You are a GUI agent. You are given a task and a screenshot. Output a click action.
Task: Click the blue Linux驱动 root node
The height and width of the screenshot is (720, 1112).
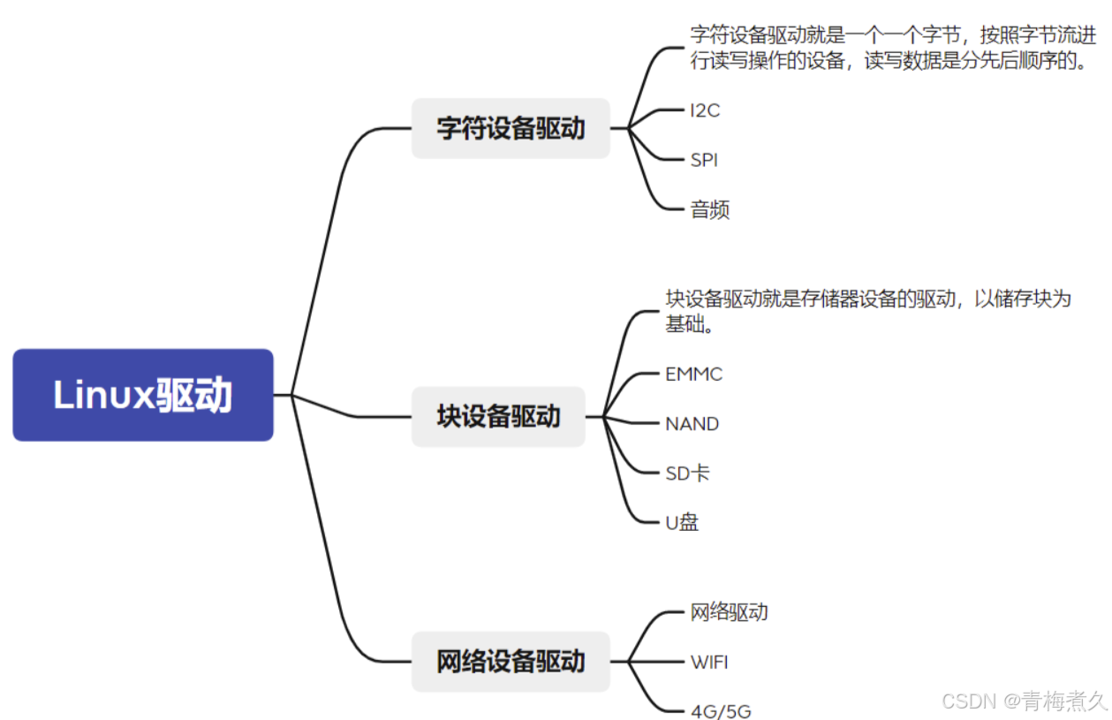[143, 395]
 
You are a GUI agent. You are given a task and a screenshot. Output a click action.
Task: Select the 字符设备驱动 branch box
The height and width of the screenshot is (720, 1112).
[511, 128]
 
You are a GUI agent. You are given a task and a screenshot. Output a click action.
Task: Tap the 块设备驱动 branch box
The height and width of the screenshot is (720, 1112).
[498, 416]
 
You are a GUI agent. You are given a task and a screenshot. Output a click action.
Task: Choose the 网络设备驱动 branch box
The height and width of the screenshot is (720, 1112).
[511, 661]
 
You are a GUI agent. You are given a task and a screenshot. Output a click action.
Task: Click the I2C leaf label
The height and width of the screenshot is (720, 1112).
[705, 110]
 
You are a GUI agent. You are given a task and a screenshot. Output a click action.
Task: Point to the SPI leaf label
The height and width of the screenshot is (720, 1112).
[704, 160]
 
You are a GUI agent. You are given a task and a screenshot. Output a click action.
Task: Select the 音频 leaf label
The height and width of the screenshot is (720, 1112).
[709, 209]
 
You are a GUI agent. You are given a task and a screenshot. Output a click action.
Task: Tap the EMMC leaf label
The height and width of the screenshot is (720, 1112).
[693, 374]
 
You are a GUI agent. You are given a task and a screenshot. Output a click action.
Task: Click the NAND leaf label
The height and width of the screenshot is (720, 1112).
[692, 423]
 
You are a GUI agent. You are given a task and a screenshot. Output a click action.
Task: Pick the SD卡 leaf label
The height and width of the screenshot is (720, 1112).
[687, 473]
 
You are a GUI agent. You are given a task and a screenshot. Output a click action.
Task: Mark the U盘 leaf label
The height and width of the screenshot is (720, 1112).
[682, 522]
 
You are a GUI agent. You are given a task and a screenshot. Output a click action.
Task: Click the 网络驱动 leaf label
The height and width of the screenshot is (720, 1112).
[729, 611]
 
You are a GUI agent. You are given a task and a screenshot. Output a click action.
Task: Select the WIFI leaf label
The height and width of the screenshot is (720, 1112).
[709, 661]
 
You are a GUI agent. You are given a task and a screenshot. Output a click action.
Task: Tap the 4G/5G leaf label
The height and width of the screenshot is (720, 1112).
[721, 711]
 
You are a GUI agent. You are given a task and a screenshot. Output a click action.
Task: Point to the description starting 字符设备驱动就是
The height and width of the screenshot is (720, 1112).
[893, 49]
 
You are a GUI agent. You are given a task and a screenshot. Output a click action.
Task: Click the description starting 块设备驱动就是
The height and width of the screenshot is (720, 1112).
[867, 311]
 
